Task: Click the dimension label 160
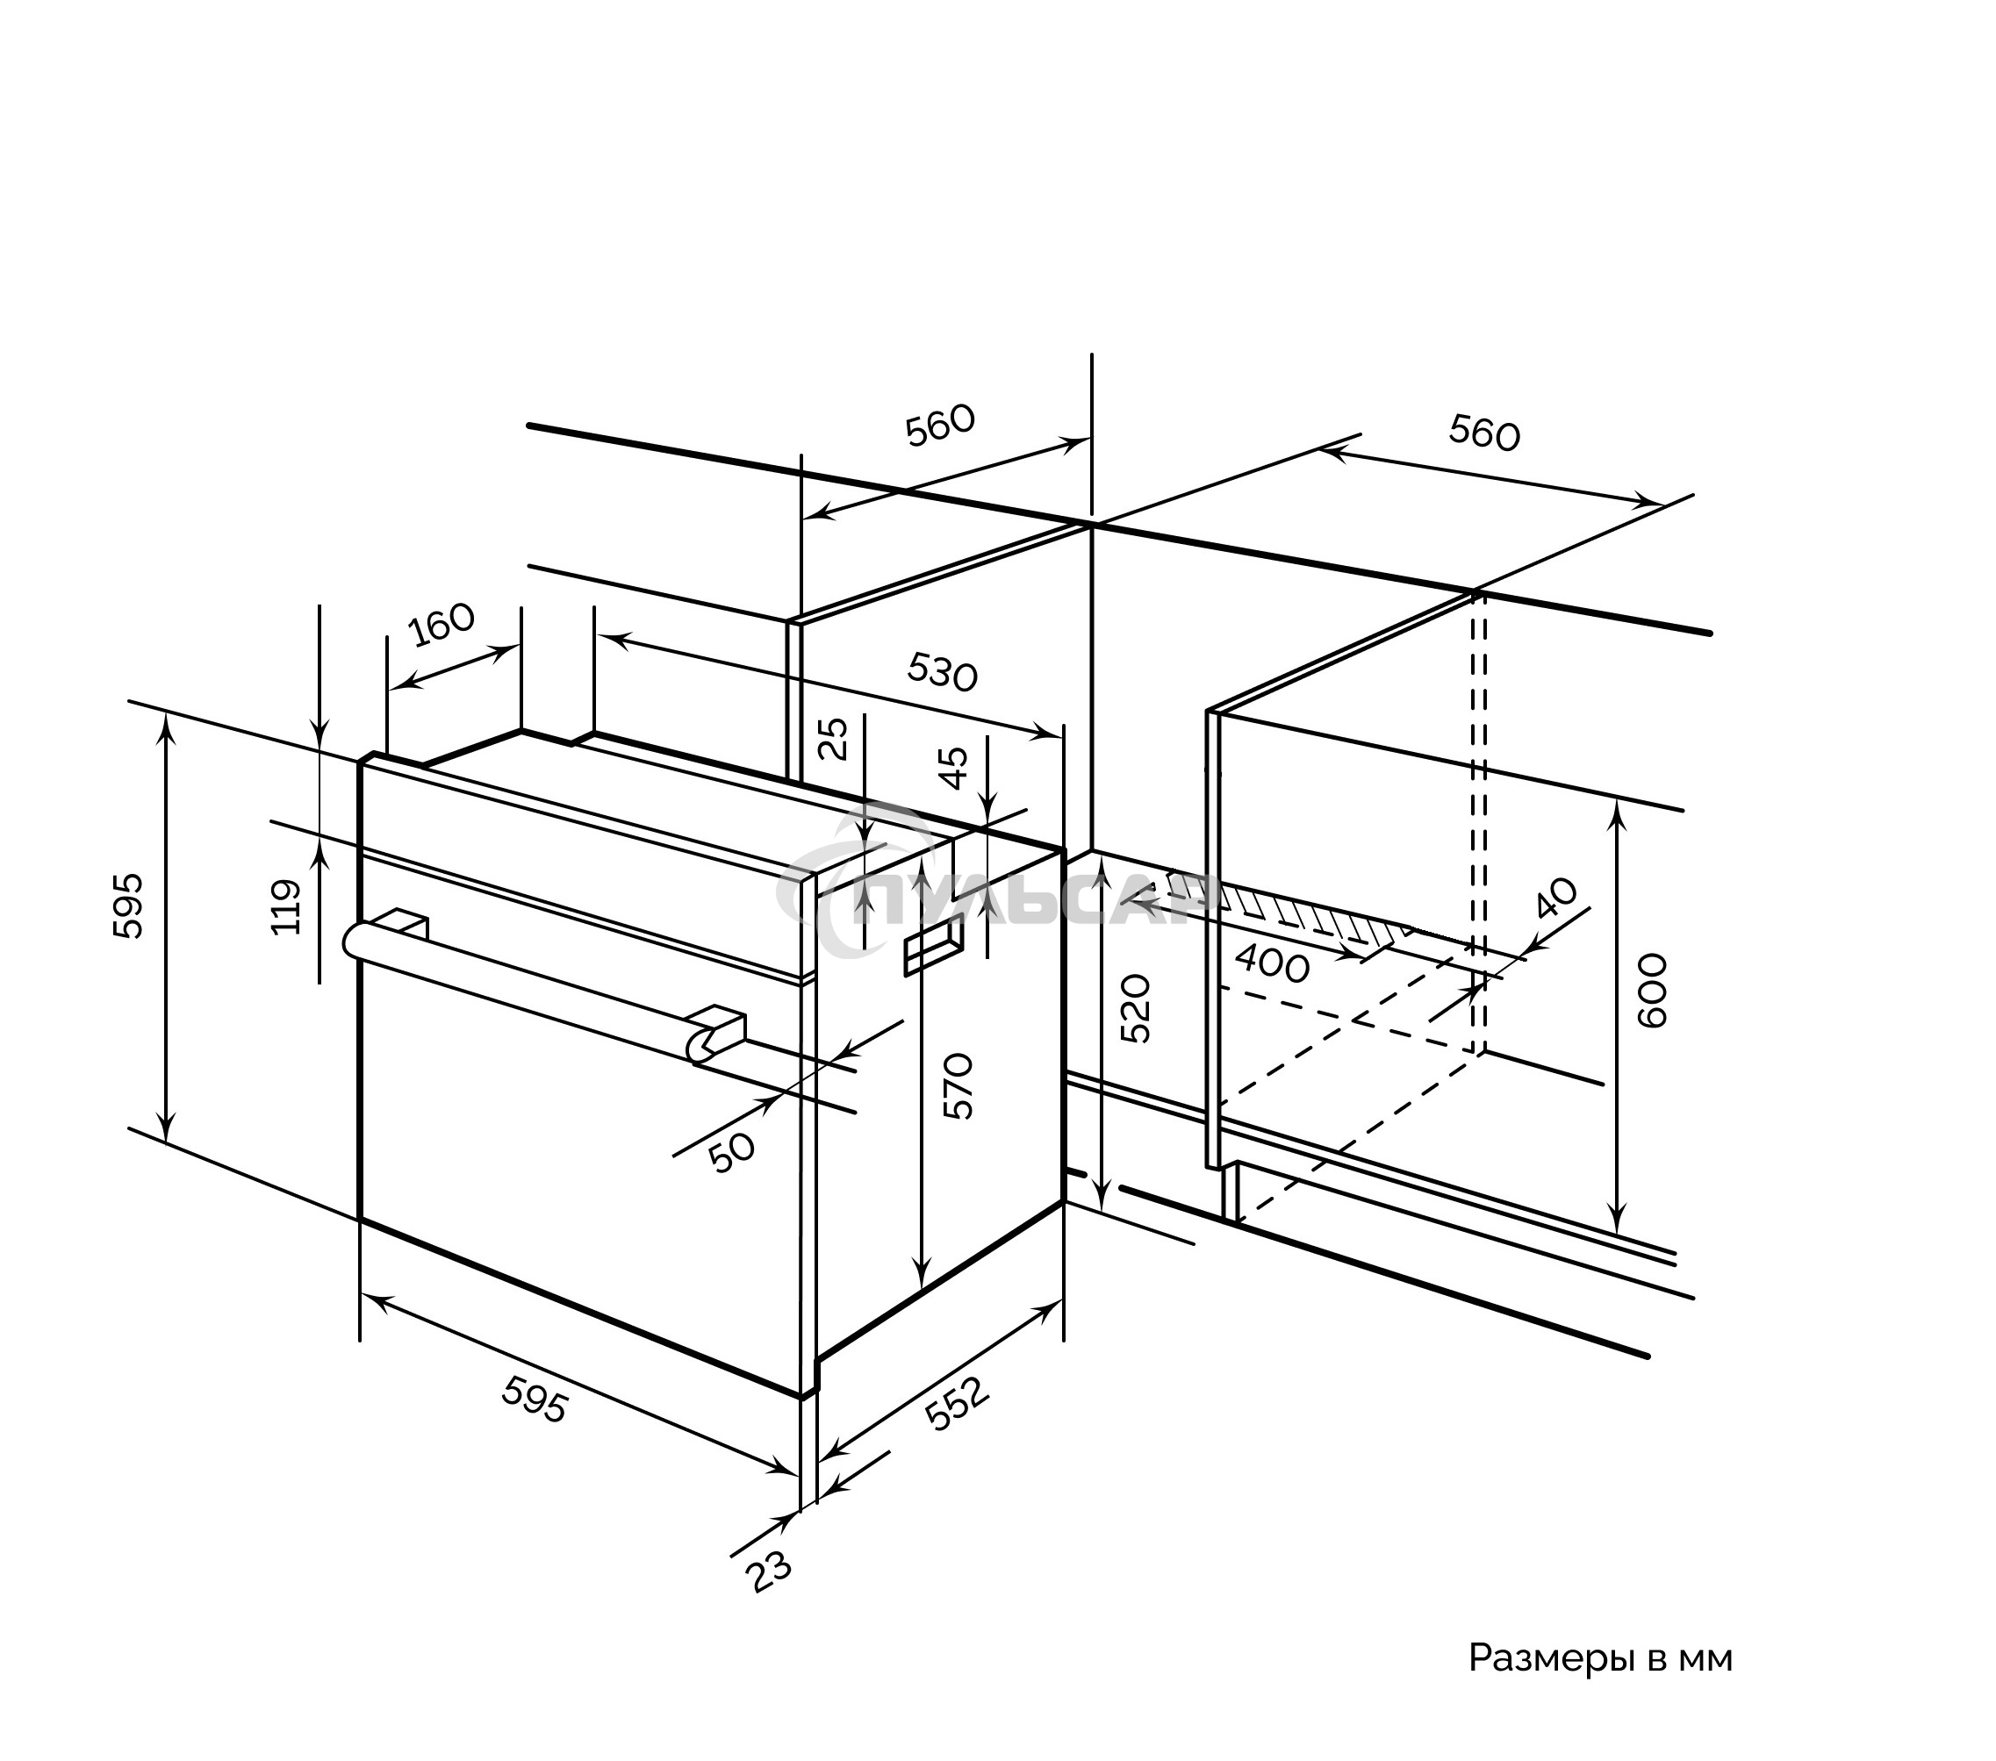pyautogui.click(x=442, y=625)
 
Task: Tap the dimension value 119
pyautogui.click(x=286, y=907)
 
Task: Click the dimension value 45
pyautogui.click(x=952, y=766)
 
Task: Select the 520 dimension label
pyautogui.click(x=1136, y=1008)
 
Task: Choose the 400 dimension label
pyautogui.click(x=1272, y=965)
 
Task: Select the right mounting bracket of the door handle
pyautogui.click(x=719, y=1034)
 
